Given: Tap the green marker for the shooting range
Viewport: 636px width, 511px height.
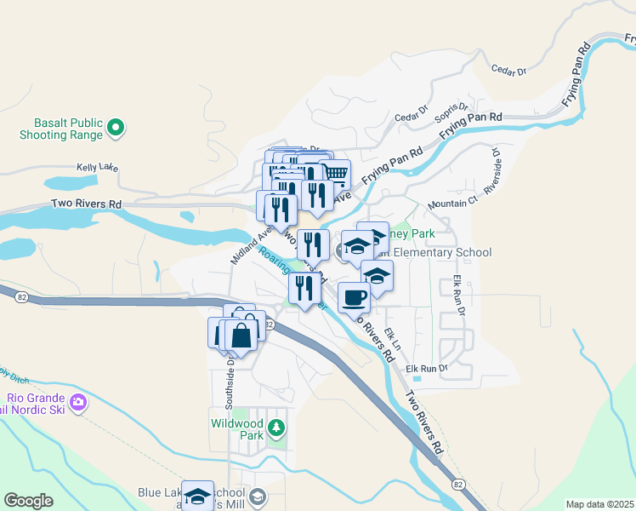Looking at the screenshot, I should (116, 129).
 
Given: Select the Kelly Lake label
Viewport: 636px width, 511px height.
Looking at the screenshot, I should (97, 168).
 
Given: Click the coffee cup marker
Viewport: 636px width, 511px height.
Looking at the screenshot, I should (354, 297).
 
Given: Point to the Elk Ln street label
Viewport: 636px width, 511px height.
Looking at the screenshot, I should (392, 335).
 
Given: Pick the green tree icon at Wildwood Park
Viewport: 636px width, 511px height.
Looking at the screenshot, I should (276, 426).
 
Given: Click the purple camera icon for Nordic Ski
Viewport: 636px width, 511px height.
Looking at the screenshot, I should (78, 401).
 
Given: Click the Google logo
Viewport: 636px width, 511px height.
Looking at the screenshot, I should (28, 501).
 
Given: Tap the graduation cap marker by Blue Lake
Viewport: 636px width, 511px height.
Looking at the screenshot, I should (197, 495).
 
